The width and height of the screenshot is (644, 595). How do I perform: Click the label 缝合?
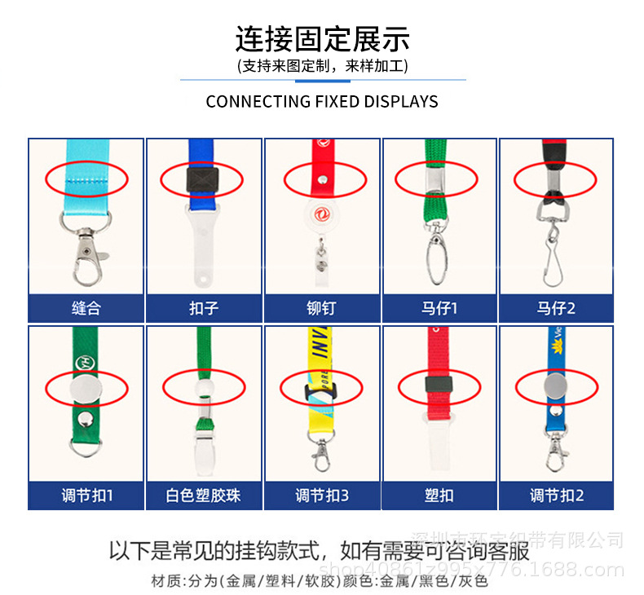click(x=86, y=309)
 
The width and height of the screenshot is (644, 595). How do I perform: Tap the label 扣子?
click(x=204, y=309)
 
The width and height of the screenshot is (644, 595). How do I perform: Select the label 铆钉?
click(x=322, y=309)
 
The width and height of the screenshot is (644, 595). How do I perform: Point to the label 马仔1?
click(x=439, y=309)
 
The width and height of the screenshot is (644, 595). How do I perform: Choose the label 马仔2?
click(x=557, y=309)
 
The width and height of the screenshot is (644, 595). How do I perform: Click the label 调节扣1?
click(x=86, y=495)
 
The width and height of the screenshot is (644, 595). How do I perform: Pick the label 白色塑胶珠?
click(x=204, y=495)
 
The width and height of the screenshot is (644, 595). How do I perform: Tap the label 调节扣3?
click(x=322, y=495)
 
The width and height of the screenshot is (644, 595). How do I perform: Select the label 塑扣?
click(x=439, y=495)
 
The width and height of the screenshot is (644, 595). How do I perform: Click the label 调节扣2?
click(x=557, y=495)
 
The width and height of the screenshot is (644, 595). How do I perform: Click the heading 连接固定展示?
click(x=322, y=39)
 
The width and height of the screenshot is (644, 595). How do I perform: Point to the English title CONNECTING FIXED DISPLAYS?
click(x=322, y=102)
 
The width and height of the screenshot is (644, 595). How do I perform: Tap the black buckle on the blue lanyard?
click(x=201, y=178)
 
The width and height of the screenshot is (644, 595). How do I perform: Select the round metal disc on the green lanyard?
click(x=86, y=392)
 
